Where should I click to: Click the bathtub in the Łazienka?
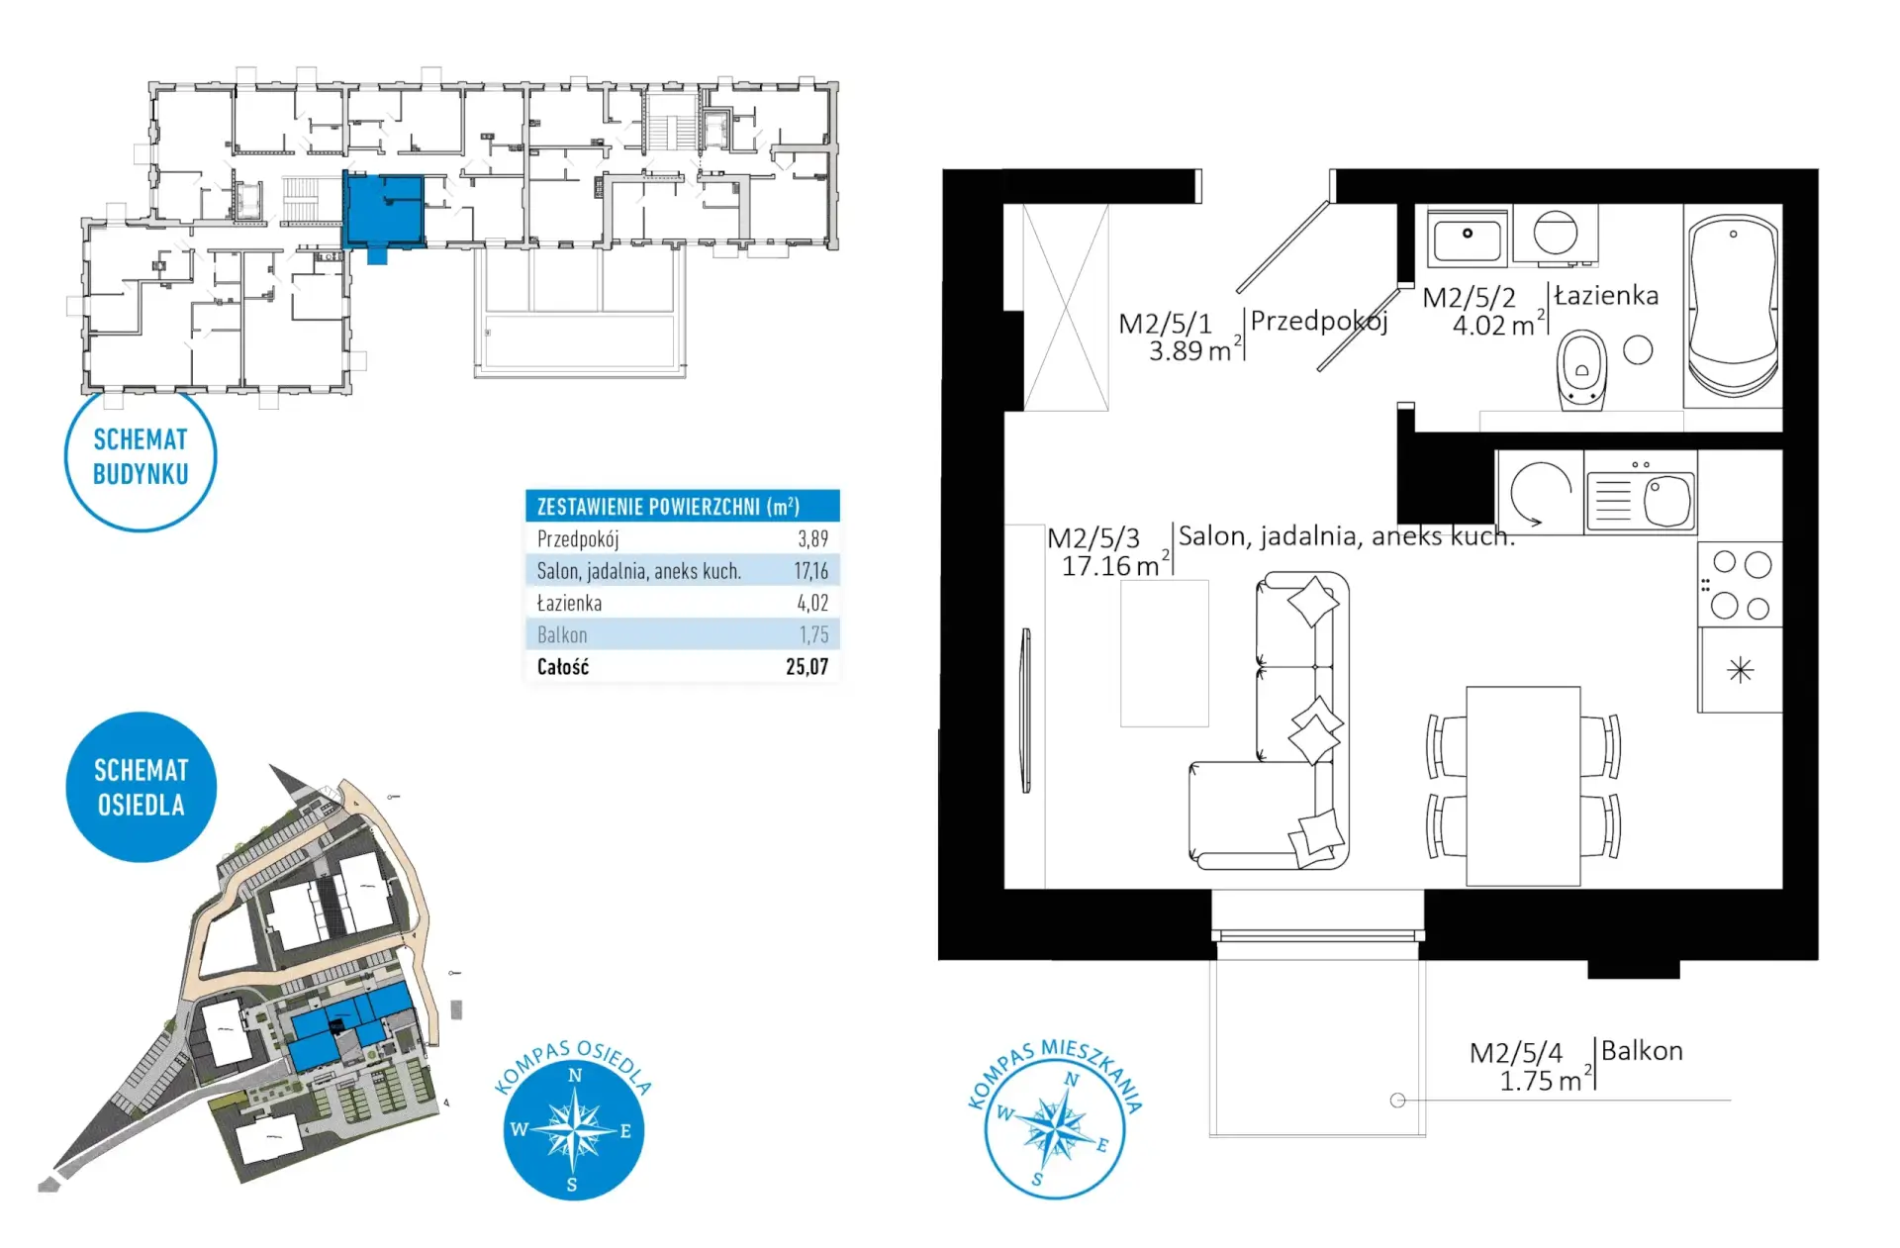(x=1732, y=307)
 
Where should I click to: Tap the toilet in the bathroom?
(x=1581, y=369)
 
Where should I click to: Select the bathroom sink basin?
(x=1468, y=239)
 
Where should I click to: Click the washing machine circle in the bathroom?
(x=1556, y=234)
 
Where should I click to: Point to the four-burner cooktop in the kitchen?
(x=1741, y=584)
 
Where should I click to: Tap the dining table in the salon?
(x=1523, y=786)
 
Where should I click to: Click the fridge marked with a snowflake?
(x=1741, y=670)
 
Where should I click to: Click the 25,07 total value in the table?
(x=807, y=667)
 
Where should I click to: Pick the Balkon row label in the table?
(x=562, y=635)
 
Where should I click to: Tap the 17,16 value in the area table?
(x=810, y=571)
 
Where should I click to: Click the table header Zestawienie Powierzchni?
(x=668, y=507)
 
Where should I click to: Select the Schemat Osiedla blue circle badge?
(x=142, y=787)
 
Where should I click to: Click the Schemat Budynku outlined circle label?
(x=141, y=456)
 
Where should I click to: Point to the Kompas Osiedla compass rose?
(x=574, y=1129)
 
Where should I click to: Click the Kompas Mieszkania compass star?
(x=1056, y=1129)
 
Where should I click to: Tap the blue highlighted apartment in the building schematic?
(x=383, y=211)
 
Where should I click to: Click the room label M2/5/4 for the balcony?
(x=1515, y=1052)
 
